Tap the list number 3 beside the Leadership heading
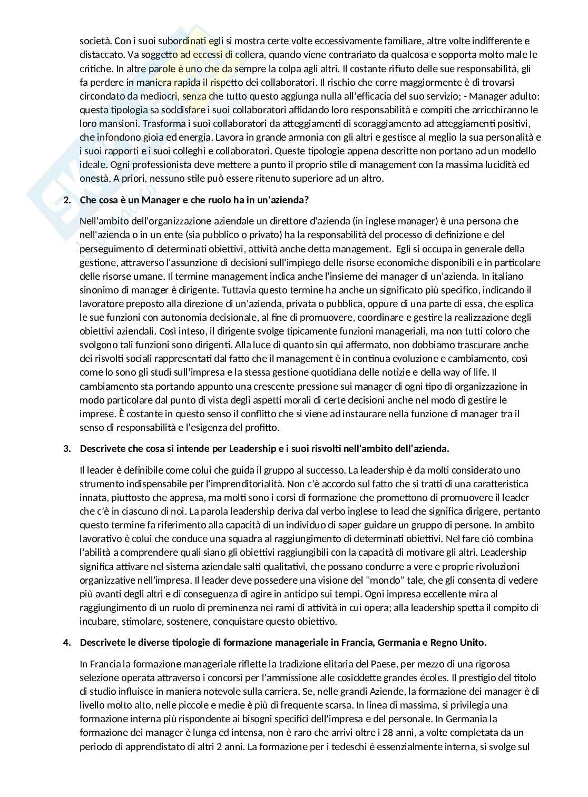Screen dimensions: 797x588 click(x=66, y=449)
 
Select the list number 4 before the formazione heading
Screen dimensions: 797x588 click(x=66, y=643)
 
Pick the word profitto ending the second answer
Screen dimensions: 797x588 click(x=259, y=428)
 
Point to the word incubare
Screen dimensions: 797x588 click(x=97, y=622)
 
